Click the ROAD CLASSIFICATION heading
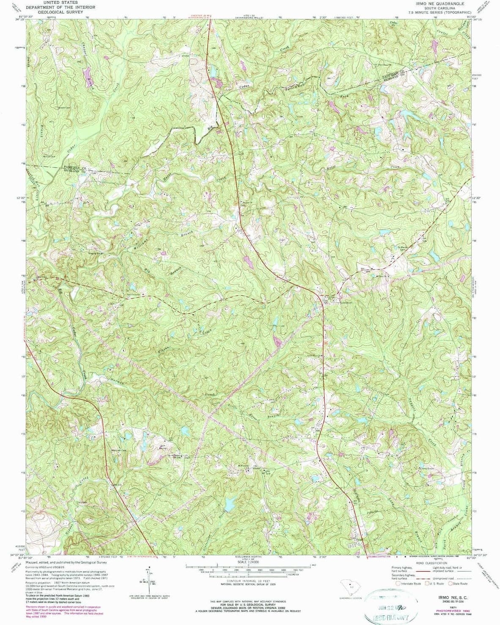(x=431, y=563)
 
